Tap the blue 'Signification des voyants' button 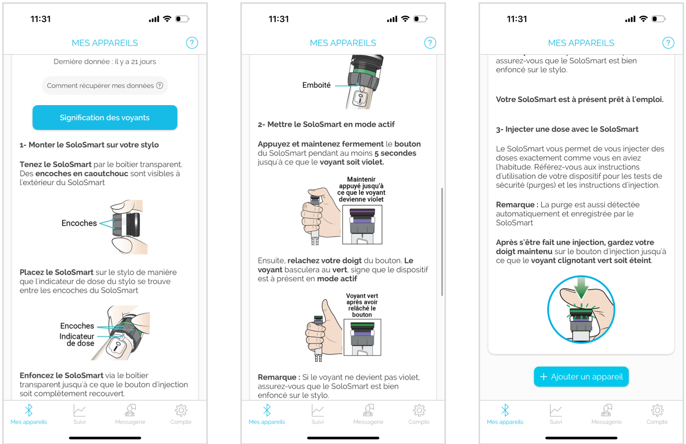pyautogui.click(x=105, y=118)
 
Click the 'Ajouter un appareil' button pyautogui.click(x=581, y=376)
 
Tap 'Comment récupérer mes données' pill pyautogui.click(x=105, y=86)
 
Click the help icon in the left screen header pyautogui.click(x=192, y=43)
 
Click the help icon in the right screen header pyautogui.click(x=668, y=43)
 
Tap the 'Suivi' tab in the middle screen pyautogui.click(x=318, y=414)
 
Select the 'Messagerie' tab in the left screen pyautogui.click(x=130, y=414)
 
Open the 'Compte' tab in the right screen pyautogui.click(x=657, y=414)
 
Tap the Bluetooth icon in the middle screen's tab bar pyautogui.click(x=267, y=410)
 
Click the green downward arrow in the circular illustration pyautogui.click(x=581, y=287)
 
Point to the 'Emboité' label pyautogui.click(x=316, y=85)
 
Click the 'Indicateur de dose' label pyautogui.click(x=77, y=340)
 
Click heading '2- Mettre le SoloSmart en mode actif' pyautogui.click(x=326, y=124)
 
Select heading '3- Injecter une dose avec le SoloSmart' pyautogui.click(x=567, y=129)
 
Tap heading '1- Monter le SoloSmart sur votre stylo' pyautogui.click(x=89, y=145)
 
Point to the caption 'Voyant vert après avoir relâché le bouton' pyautogui.click(x=362, y=305)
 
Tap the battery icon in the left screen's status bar pyautogui.click(x=182, y=19)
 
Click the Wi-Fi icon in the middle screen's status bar pyautogui.click(x=405, y=19)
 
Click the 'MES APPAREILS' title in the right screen pyautogui.click(x=581, y=43)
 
